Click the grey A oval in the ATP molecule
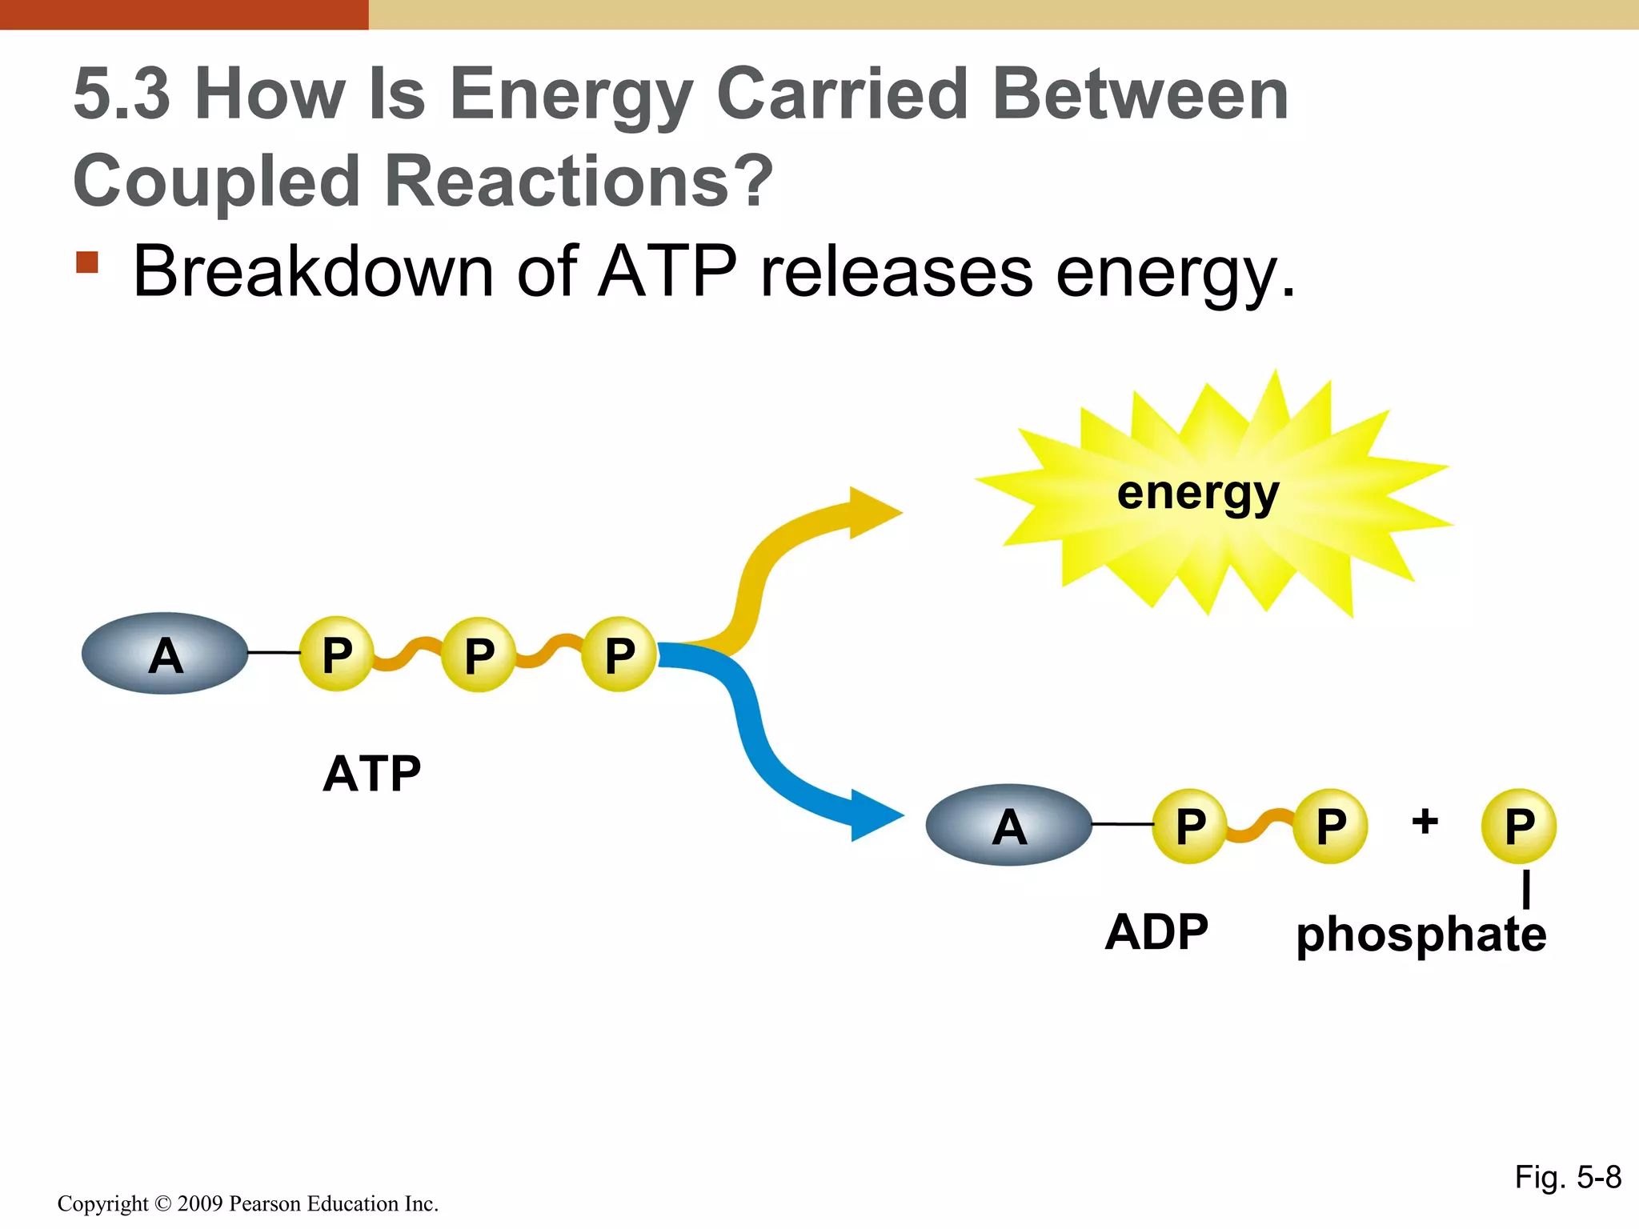point(165,653)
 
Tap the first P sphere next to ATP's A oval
point(336,654)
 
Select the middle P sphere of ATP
point(479,655)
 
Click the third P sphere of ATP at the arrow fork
point(619,654)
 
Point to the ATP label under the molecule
point(372,773)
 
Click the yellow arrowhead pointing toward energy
point(872,512)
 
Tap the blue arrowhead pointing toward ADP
point(874,815)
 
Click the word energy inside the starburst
point(1198,492)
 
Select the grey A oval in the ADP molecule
point(1008,824)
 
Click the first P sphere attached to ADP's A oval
point(1189,825)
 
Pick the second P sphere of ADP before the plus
point(1331,825)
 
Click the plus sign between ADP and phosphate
point(1425,821)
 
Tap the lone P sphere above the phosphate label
point(1518,825)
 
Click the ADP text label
point(1156,931)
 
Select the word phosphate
point(1421,934)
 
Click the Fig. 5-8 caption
point(1567,1177)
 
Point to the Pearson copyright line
point(248,1203)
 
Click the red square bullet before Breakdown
point(87,262)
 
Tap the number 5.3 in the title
point(122,94)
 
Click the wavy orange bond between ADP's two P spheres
point(1260,827)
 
